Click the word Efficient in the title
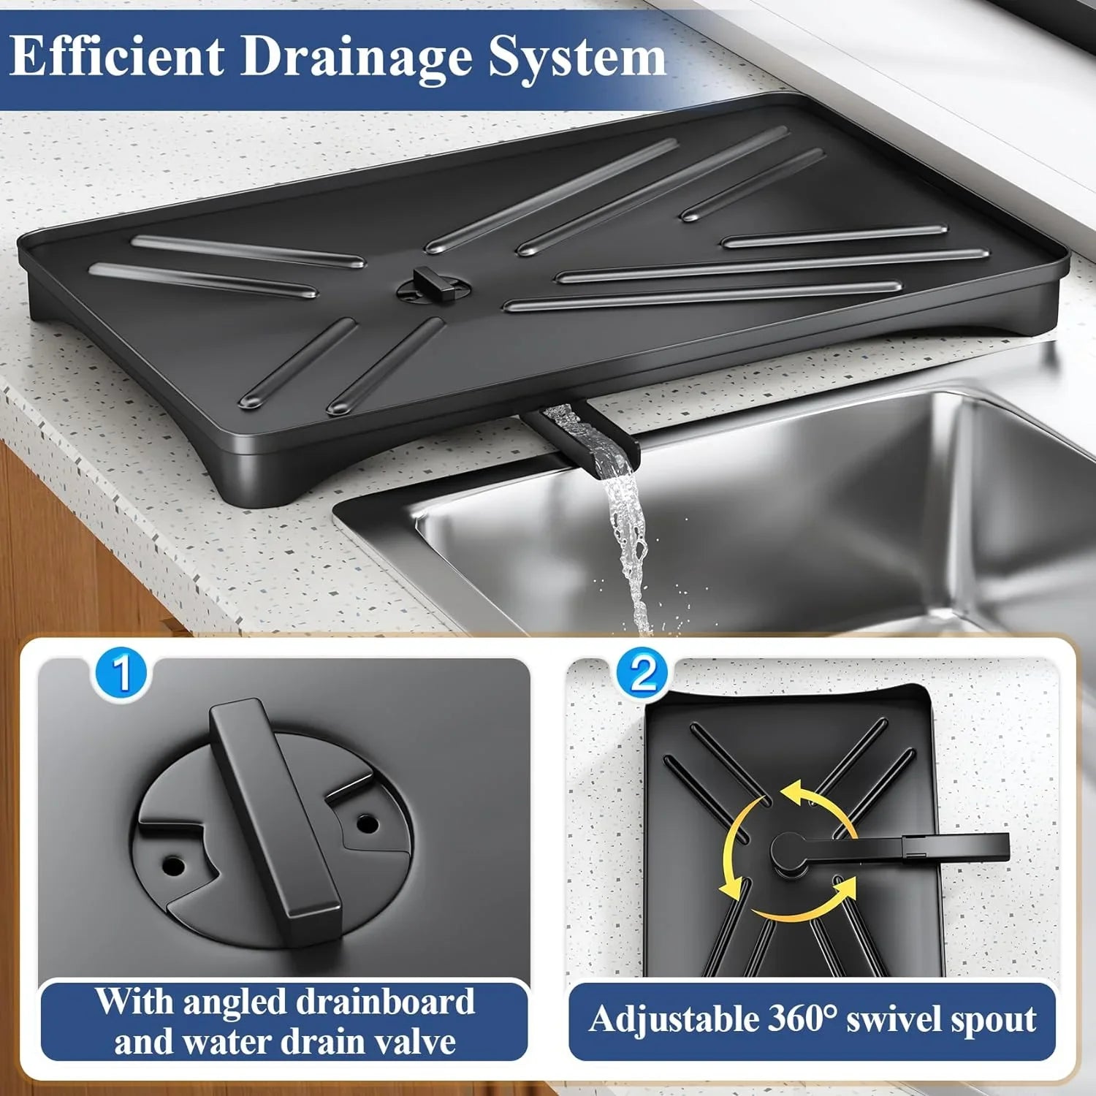coord(117,56)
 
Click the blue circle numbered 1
coord(121,674)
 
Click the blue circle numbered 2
coord(643,674)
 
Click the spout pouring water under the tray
coord(585,435)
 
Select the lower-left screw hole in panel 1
coord(173,867)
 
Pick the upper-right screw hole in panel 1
coord(368,824)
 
